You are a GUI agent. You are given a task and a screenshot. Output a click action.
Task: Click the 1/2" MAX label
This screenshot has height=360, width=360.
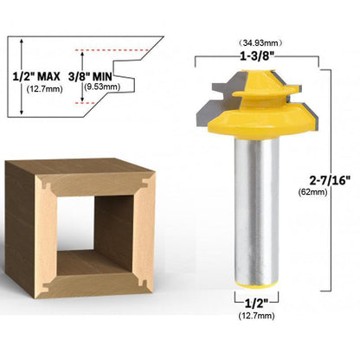(x=36, y=76)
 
